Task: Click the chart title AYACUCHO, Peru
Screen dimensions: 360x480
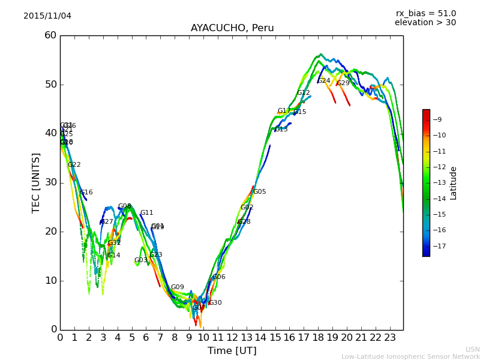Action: (232, 28)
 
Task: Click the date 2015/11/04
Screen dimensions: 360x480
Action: (47, 16)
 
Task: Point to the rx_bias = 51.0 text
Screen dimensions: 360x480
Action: (425, 14)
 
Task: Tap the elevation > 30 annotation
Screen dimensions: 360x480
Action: (425, 23)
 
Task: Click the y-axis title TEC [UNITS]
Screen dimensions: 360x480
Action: (36, 182)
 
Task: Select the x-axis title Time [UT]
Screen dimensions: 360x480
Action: (232, 350)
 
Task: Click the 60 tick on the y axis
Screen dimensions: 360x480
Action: (50, 35)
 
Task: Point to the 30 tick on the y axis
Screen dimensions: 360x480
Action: (50, 182)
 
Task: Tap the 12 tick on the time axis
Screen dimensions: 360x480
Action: (232, 337)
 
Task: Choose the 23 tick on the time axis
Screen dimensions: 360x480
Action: (390, 337)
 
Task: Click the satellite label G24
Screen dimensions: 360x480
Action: (324, 81)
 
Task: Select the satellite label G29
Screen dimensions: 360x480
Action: (343, 83)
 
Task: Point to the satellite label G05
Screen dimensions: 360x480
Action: (260, 192)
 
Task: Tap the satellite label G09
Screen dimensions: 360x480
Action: (178, 287)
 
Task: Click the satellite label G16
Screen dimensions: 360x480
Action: (86, 193)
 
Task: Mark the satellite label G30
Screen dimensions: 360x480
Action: (215, 303)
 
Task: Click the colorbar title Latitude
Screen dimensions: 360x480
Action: (454, 183)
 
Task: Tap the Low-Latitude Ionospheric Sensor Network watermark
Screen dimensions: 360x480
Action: (410, 356)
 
